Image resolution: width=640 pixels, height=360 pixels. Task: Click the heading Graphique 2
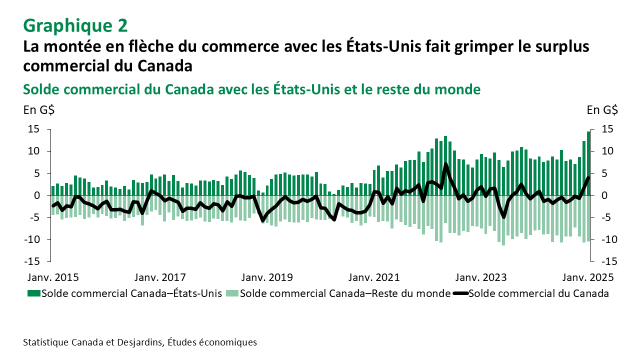click(x=75, y=24)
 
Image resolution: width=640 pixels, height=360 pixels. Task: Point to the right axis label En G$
click(x=602, y=110)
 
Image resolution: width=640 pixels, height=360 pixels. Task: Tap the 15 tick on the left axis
click(x=33, y=129)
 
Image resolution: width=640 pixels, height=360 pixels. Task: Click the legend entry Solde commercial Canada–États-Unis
click(x=125, y=293)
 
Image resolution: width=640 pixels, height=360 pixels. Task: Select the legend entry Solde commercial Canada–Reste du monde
click(x=340, y=293)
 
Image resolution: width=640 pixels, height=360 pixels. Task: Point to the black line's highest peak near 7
click(x=445, y=163)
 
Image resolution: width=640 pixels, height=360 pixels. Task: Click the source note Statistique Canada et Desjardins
click(x=140, y=342)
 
